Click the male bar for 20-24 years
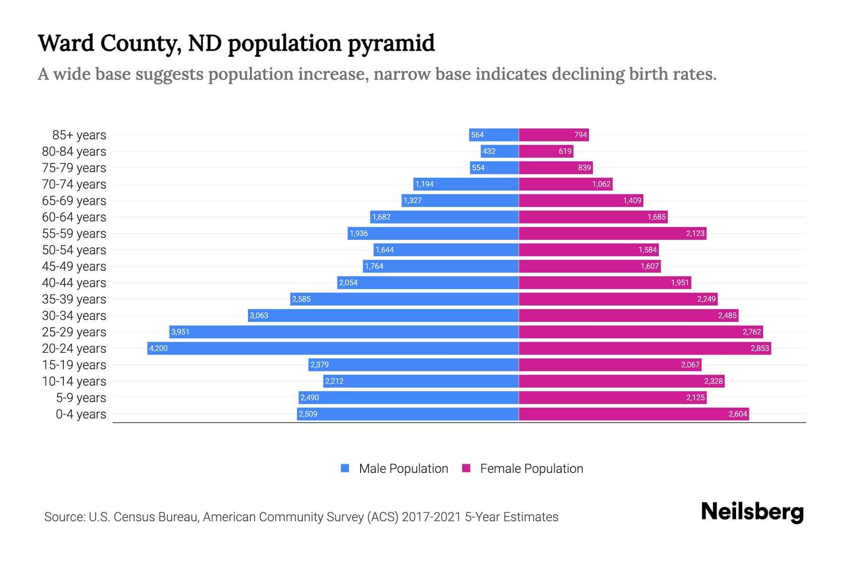tap(333, 348)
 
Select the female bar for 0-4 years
tap(633, 414)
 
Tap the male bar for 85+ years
tap(494, 135)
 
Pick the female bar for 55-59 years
tap(612, 233)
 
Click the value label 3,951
tap(181, 332)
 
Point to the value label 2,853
tap(760, 348)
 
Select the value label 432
tap(489, 151)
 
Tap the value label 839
tap(584, 167)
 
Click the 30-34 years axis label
tap(74, 315)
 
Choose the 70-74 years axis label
tap(74, 184)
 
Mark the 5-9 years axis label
tap(81, 397)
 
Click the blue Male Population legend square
tap(345, 468)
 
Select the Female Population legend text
tap(531, 468)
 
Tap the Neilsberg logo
tap(752, 512)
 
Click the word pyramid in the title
tap(391, 44)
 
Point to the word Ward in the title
tap(65, 43)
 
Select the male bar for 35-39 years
tap(404, 299)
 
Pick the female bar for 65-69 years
tap(581, 200)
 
